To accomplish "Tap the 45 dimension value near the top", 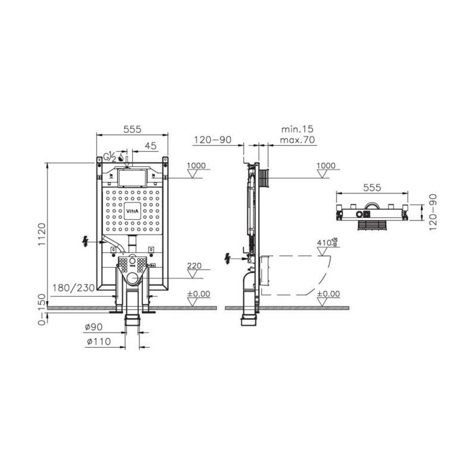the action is pyautogui.click(x=150, y=146).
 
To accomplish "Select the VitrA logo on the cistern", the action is pyautogui.click(x=132, y=211).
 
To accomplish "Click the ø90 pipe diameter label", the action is pyautogui.click(x=94, y=327).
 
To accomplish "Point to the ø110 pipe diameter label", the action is pyautogui.click(x=98, y=342).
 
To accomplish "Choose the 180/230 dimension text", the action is pyautogui.click(x=73, y=288).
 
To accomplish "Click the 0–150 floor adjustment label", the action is pyautogui.click(x=42, y=309).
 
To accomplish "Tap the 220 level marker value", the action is pyautogui.click(x=194, y=265).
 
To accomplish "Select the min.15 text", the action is pyautogui.click(x=297, y=129).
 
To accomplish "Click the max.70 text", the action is pyautogui.click(x=297, y=140).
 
